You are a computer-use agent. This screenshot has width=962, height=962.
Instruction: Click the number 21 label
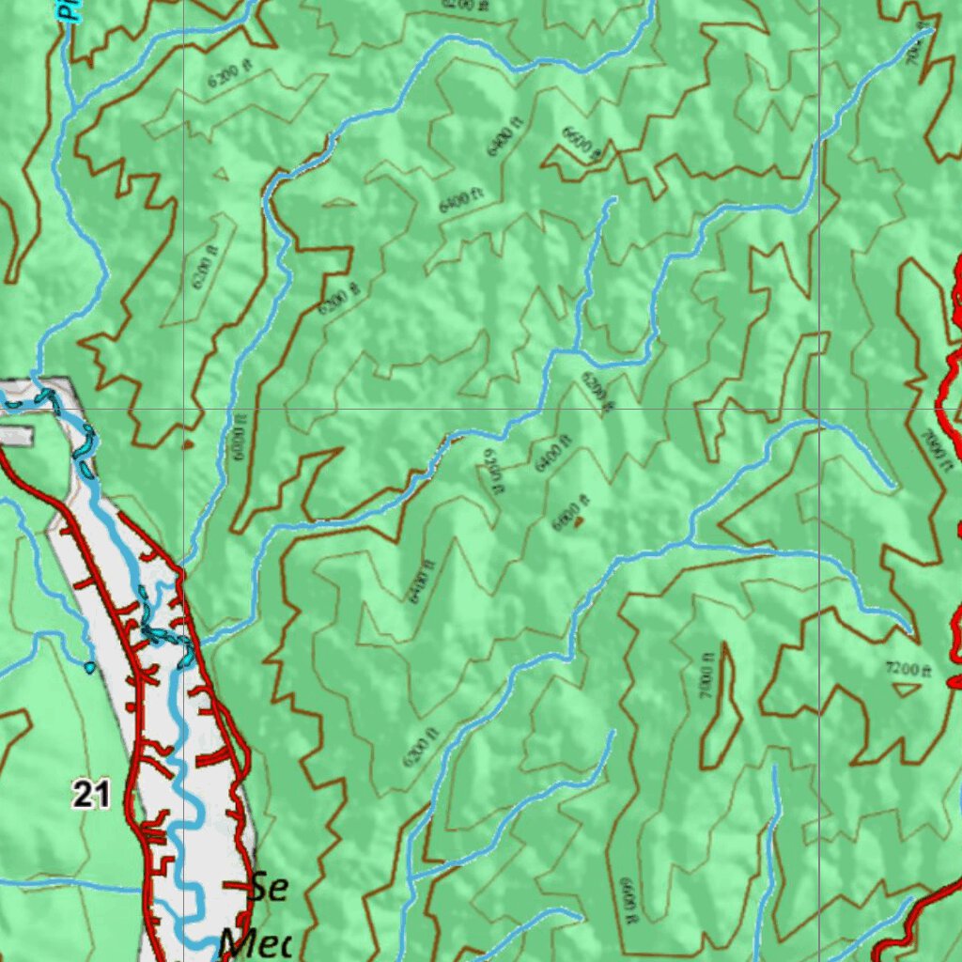[91, 797]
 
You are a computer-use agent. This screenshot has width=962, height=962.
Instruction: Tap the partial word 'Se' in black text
[270, 888]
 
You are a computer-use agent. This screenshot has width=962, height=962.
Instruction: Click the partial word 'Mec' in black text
[255, 942]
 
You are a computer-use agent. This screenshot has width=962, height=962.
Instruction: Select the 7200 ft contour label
[908, 669]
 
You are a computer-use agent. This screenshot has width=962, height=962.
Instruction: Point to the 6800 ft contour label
[570, 513]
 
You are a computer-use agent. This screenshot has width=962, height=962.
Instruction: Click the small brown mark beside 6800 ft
[580, 519]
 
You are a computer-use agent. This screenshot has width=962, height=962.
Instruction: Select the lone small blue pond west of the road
[89, 668]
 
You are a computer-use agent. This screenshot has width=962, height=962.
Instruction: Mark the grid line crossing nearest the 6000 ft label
[184, 410]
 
